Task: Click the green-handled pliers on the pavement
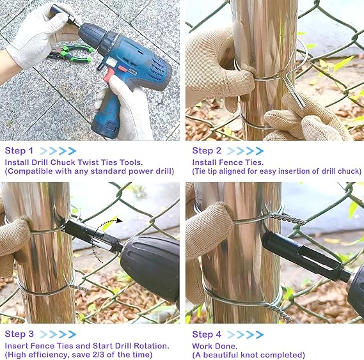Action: click(72, 53)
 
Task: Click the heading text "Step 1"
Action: click(19, 151)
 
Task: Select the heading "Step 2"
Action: click(207, 151)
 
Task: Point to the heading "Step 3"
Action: click(19, 334)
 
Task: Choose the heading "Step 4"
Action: click(207, 334)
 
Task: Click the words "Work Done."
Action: click(214, 346)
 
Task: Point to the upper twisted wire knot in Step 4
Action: click(287, 218)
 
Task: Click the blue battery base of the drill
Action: click(106, 127)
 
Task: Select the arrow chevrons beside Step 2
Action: click(245, 151)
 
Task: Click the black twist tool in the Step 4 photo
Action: click(302, 255)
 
